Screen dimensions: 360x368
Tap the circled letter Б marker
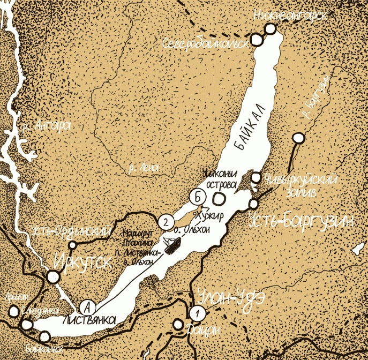click(x=198, y=197)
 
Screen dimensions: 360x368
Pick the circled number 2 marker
click(x=167, y=220)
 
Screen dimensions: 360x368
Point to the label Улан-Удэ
click(x=226, y=298)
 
